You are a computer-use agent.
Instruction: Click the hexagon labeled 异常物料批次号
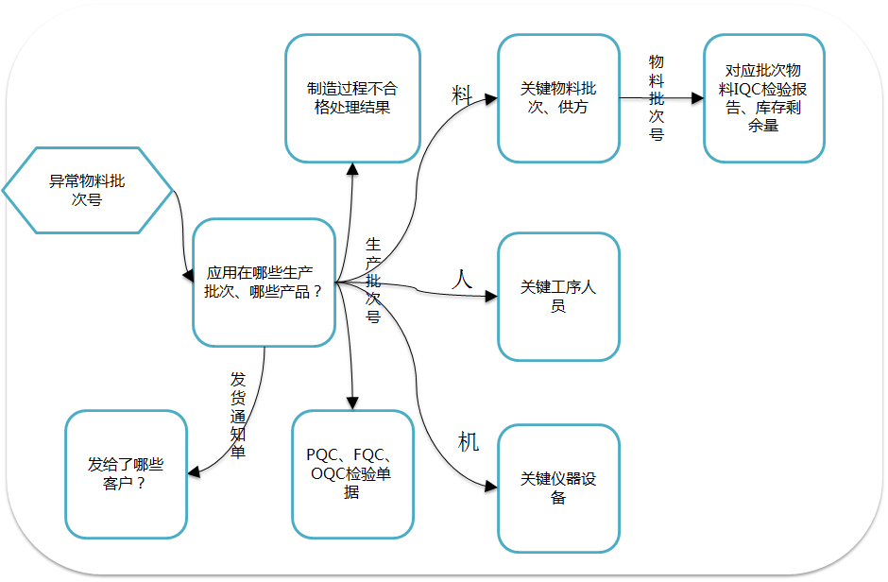pyautogui.click(x=87, y=190)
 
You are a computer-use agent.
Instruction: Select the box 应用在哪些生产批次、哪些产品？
pyautogui.click(x=264, y=282)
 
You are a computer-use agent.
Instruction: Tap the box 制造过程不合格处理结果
pyautogui.click(x=352, y=98)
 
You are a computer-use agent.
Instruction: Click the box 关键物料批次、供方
pyautogui.click(x=558, y=98)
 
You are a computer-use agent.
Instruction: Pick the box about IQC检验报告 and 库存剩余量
pyautogui.click(x=763, y=98)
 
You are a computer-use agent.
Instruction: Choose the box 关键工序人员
pyautogui.click(x=558, y=297)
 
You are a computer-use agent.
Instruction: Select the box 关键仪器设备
pyautogui.click(x=558, y=488)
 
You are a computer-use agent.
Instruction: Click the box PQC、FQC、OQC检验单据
pyautogui.click(x=352, y=473)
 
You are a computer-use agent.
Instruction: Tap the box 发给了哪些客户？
pyautogui.click(x=126, y=473)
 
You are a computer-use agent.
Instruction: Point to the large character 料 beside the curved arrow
pyautogui.click(x=462, y=94)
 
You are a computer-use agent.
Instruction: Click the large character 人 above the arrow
pyautogui.click(x=461, y=279)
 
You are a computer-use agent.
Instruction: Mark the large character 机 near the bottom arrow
pyautogui.click(x=469, y=441)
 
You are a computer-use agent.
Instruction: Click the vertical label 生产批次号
pyautogui.click(x=373, y=281)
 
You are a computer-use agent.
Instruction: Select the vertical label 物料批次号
pyautogui.click(x=657, y=96)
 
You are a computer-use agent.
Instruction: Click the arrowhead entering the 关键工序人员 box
pyautogui.click(x=491, y=297)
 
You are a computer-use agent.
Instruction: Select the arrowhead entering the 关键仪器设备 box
pyautogui.click(x=491, y=487)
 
